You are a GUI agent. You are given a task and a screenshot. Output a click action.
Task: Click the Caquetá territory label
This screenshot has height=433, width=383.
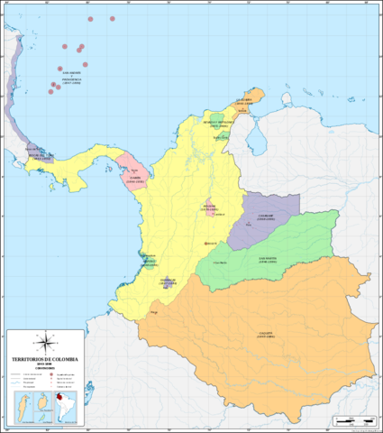(265, 335)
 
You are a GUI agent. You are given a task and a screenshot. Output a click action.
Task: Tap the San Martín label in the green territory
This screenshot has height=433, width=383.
(268, 259)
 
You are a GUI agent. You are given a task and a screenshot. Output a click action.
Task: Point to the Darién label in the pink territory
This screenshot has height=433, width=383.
(134, 177)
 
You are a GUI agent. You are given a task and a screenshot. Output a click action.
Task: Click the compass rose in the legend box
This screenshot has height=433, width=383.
(43, 342)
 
